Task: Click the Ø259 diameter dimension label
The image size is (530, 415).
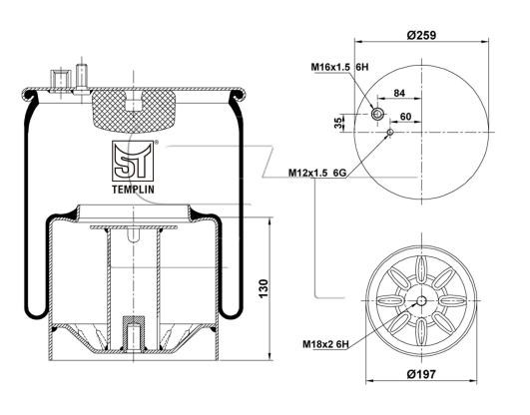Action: click(x=421, y=35)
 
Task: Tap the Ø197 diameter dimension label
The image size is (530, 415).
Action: click(x=421, y=374)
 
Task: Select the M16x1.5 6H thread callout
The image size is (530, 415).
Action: click(x=339, y=67)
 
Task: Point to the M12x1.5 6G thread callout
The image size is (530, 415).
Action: click(x=317, y=173)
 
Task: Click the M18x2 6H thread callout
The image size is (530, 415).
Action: click(x=325, y=344)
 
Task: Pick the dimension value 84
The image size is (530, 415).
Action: click(x=399, y=93)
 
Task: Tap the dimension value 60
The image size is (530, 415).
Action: click(x=405, y=117)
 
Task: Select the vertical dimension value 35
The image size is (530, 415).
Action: click(x=337, y=123)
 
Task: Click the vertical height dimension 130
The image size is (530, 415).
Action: click(x=264, y=288)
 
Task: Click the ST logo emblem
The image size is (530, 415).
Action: click(x=133, y=162)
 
